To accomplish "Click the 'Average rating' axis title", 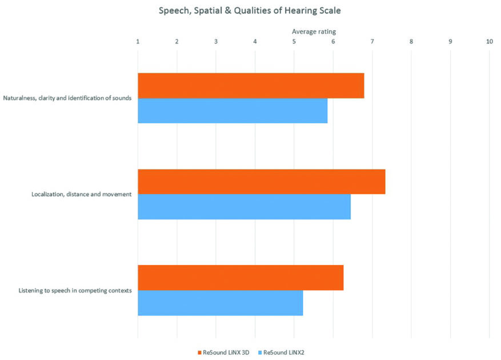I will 314,31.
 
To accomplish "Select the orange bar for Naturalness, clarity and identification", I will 251,86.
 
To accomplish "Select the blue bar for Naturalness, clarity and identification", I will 233,111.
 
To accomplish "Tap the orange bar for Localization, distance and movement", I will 261,182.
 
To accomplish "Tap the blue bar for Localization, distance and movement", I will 244,207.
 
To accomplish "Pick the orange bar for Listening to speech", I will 241,278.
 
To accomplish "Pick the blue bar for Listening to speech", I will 220,303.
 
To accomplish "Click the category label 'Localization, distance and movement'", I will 82,194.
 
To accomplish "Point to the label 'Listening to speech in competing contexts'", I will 75,290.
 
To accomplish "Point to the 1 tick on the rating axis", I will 138,42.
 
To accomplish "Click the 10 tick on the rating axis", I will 489,42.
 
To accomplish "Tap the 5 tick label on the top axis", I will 294,42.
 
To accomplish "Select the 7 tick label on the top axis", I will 372,42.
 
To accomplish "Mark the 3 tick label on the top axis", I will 216,42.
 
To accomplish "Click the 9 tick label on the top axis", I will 450,42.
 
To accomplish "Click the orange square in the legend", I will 199,352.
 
